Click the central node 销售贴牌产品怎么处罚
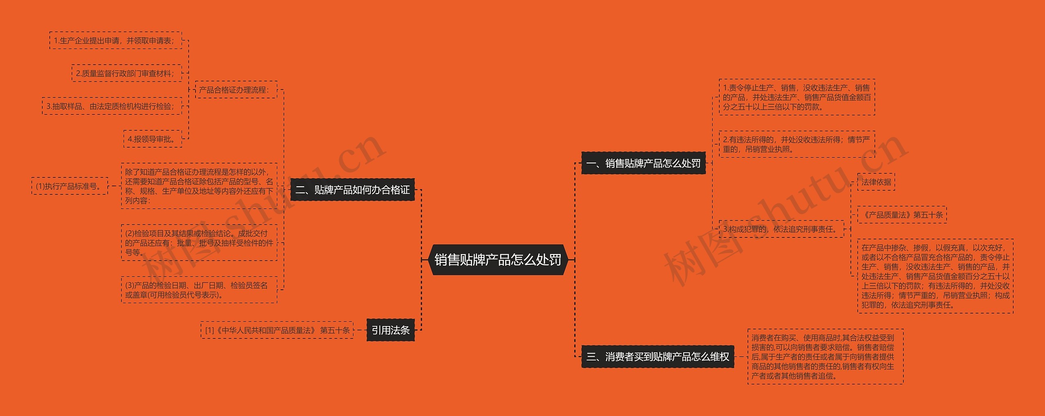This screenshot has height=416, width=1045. (x=498, y=260)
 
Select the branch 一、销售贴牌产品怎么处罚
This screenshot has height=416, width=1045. (x=643, y=163)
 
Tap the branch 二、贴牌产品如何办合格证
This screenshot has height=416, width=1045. (x=352, y=190)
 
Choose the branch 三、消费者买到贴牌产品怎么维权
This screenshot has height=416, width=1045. (x=657, y=357)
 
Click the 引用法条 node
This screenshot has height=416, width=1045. (x=390, y=330)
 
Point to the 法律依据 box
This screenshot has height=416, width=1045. (x=876, y=182)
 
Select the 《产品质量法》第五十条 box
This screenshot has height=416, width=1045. (x=902, y=215)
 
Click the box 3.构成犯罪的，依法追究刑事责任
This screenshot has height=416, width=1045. (x=781, y=229)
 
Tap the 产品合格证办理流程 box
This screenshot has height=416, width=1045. (x=236, y=90)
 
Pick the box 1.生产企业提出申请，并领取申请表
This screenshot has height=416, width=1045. (x=116, y=41)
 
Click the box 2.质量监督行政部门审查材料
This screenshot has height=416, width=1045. (x=127, y=74)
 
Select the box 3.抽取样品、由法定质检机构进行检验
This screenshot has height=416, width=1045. (x=112, y=106)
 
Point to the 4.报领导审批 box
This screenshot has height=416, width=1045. (x=153, y=139)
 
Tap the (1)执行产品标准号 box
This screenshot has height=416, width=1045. (x=69, y=186)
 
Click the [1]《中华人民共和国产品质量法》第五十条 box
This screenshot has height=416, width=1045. (x=277, y=330)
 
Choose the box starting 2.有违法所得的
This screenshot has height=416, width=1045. (x=796, y=145)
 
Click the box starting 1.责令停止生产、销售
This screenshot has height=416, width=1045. (x=796, y=97)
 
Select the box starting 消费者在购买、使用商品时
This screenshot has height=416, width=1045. (x=825, y=357)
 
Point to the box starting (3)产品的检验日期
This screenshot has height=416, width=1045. (x=199, y=290)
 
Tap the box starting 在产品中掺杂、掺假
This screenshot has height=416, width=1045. (x=935, y=276)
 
